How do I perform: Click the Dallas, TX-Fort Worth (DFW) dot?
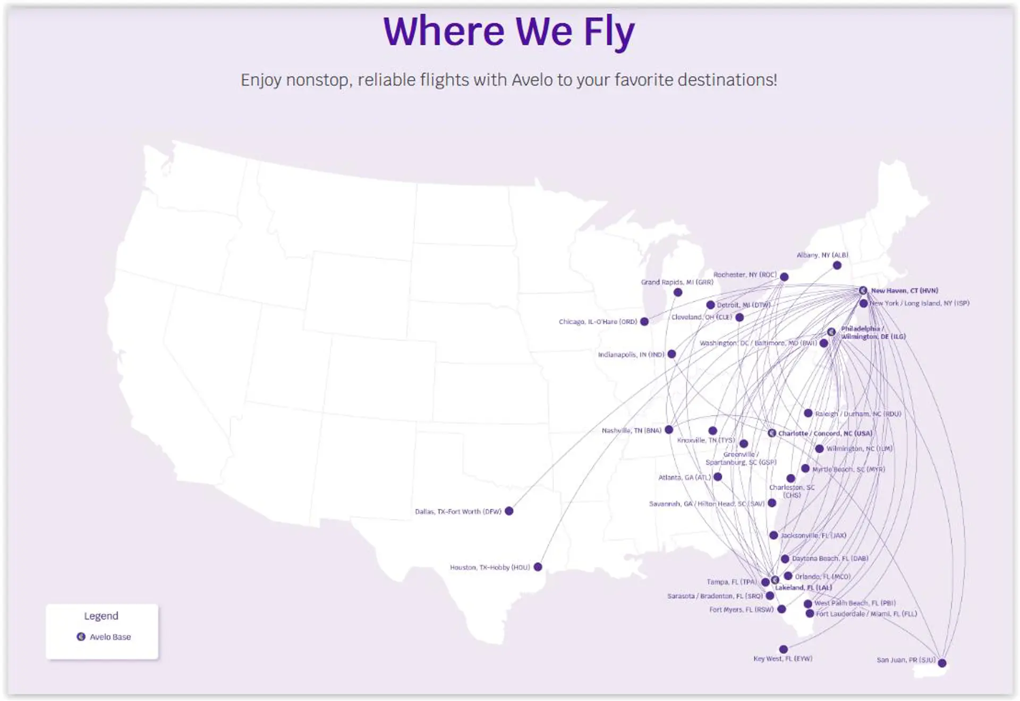[x=509, y=511]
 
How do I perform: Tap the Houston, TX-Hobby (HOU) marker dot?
[x=538, y=567]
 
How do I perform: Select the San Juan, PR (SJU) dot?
[x=942, y=663]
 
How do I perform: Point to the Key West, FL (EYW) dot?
[x=783, y=649]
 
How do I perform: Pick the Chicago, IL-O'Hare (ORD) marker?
[x=644, y=322]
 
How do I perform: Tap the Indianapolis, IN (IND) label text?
[x=631, y=354]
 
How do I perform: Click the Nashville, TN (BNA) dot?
[x=669, y=429]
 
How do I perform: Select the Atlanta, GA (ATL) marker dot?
[x=718, y=477]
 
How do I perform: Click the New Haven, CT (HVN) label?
[x=904, y=291]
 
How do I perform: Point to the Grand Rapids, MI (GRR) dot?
[x=678, y=292]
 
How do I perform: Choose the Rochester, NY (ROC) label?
[x=745, y=275]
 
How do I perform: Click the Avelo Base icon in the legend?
[x=81, y=637]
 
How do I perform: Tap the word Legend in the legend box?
[x=101, y=616]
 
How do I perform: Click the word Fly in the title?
[x=609, y=32]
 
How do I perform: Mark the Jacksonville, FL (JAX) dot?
[x=773, y=535]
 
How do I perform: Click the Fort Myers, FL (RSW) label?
[x=741, y=610]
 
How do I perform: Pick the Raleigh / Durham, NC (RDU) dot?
[x=808, y=413]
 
